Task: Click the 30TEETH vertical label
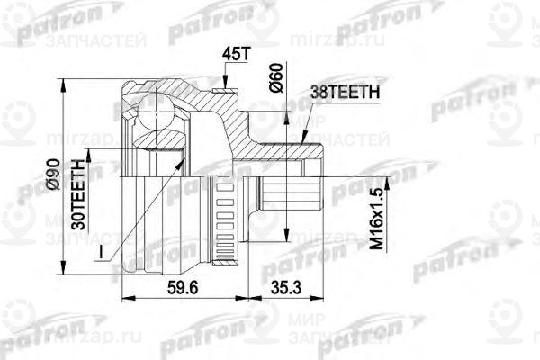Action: (x=80, y=191)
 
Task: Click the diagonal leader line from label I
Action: (x=144, y=207)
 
